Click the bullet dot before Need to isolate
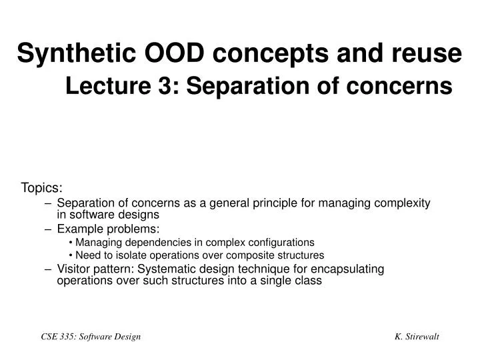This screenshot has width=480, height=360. [71, 255]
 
